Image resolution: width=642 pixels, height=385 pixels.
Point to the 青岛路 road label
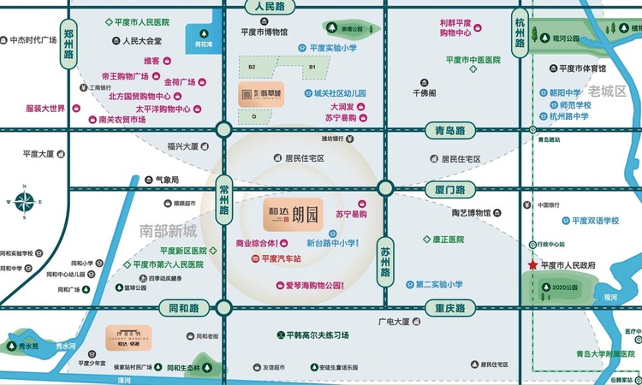click(x=449, y=131)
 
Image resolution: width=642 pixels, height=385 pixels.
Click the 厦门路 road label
click(x=449, y=189)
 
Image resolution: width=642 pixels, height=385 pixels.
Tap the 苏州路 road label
click(x=385, y=260)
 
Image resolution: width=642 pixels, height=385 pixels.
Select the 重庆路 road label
click(x=449, y=308)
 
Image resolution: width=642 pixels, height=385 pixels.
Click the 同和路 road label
click(x=181, y=307)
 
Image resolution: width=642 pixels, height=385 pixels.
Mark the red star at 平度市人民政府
click(x=532, y=267)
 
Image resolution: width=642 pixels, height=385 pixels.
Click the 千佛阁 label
click(x=425, y=92)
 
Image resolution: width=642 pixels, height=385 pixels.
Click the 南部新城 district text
click(x=168, y=231)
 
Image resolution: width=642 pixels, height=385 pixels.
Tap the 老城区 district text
click(x=608, y=90)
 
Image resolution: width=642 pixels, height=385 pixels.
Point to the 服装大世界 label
click(x=45, y=109)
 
